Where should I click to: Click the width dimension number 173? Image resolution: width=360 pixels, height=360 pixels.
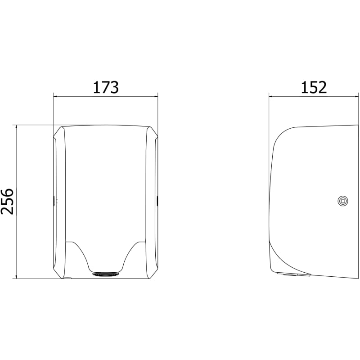click(106, 87)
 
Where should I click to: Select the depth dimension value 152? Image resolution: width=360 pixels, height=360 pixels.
click(314, 87)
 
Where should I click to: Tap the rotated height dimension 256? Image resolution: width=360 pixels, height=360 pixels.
click(7, 202)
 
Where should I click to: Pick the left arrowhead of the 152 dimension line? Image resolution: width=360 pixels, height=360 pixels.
click(271, 97)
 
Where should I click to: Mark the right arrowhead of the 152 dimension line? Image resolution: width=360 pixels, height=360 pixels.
click(356, 97)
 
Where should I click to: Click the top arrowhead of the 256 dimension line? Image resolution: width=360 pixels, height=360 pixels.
click(16, 127)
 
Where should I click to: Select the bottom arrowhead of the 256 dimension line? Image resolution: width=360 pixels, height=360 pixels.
click(16, 276)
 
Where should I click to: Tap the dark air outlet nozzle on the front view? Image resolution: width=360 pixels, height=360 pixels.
click(106, 274)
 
